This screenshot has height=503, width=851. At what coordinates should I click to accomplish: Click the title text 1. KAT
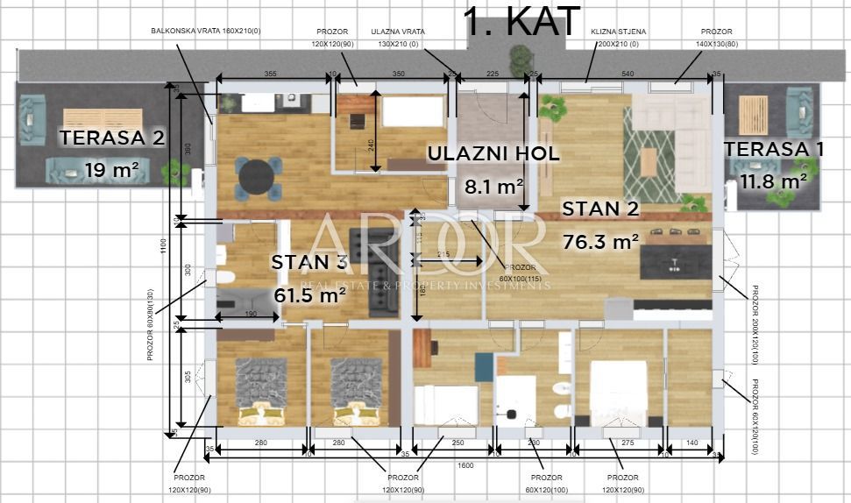click(x=521, y=21)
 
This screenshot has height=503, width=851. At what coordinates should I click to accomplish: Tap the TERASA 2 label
click(x=111, y=138)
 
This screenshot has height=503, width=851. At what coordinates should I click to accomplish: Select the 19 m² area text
click(x=111, y=170)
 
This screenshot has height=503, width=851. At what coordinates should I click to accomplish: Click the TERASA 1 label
click(x=774, y=149)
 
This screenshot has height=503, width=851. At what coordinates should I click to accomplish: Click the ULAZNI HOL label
click(x=493, y=154)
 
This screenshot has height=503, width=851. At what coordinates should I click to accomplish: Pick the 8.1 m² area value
click(x=493, y=186)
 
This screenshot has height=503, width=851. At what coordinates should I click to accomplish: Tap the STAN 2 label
click(x=600, y=209)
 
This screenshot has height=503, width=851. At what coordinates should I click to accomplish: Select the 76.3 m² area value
click(x=600, y=242)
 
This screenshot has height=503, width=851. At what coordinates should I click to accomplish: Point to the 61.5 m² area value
click(x=309, y=295)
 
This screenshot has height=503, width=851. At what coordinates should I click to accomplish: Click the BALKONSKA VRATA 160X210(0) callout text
click(x=206, y=31)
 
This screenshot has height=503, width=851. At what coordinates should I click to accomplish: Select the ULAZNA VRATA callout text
click(x=398, y=32)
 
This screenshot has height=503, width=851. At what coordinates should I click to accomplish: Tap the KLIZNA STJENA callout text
click(x=619, y=32)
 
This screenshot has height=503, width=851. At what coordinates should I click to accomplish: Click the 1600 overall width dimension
click(x=465, y=465)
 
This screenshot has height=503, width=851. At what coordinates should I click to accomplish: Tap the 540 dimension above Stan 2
click(x=627, y=74)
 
